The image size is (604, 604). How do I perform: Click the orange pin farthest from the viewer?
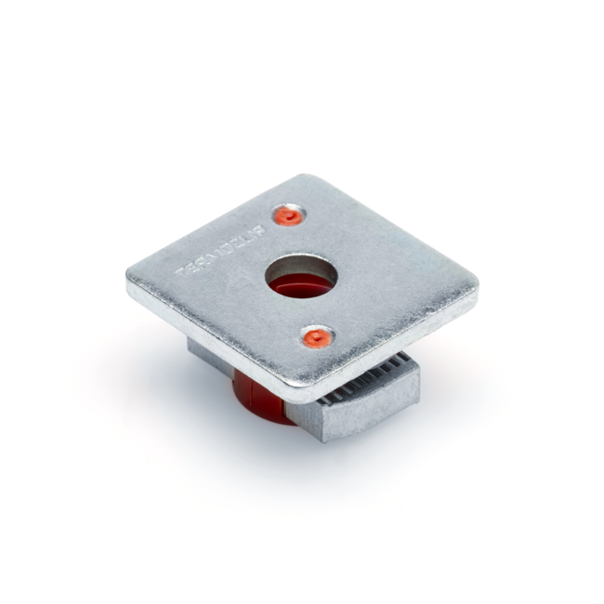point(289,216)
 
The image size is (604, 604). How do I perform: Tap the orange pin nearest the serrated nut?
point(317,337)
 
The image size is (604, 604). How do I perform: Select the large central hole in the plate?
point(302,276)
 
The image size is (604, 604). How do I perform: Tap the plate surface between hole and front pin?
point(309,311)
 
